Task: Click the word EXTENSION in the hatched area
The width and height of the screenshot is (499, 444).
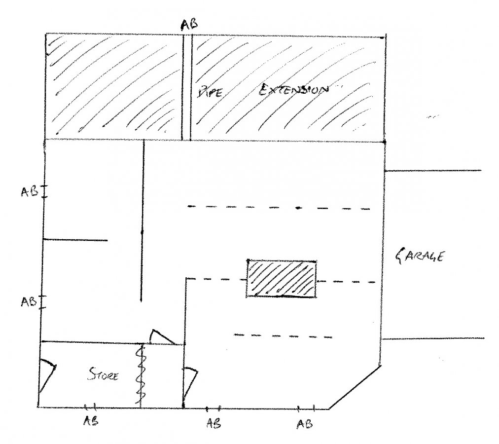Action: [x=293, y=90]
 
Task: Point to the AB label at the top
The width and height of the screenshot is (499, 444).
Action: [x=189, y=24]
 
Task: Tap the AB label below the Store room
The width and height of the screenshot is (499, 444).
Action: [x=91, y=421]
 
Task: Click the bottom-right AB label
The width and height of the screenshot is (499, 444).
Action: [x=305, y=424]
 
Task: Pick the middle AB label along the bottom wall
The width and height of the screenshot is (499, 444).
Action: [x=213, y=423]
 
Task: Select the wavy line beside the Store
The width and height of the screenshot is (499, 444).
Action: [x=141, y=375]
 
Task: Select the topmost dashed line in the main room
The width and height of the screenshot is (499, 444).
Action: [x=279, y=208]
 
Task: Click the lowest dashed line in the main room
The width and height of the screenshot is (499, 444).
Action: [x=283, y=335]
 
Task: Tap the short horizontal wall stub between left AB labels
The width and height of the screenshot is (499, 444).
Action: [x=75, y=240]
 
